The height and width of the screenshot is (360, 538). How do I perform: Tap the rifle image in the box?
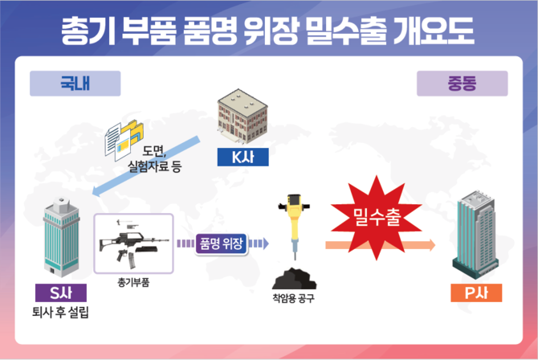tap(132, 242)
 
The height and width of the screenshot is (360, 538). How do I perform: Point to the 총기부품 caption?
tap(133, 282)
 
